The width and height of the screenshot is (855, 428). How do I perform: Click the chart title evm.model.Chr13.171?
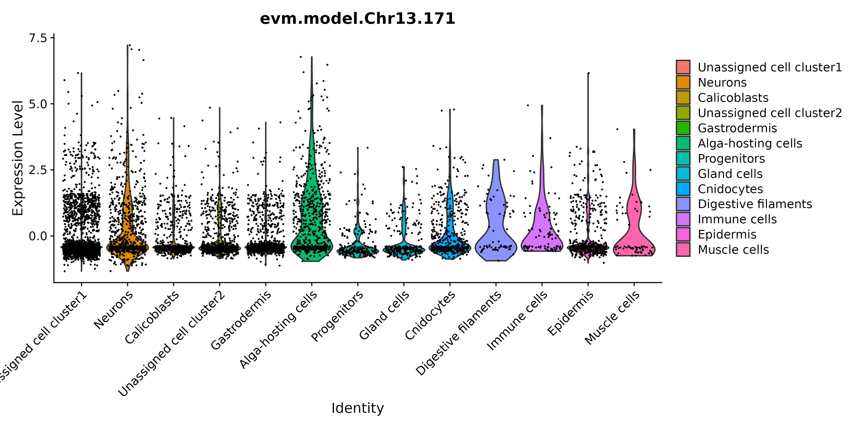coord(357,19)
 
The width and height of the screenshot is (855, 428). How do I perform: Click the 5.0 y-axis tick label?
coord(38,104)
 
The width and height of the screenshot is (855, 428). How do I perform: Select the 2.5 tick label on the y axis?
coord(38,170)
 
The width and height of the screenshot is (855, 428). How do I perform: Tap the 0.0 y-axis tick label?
coord(38,236)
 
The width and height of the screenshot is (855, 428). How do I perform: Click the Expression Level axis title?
coord(18,158)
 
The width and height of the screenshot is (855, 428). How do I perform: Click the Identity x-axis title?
coord(357,408)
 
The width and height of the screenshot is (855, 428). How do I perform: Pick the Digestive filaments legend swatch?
coord(683,204)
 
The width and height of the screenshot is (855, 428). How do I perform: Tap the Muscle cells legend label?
coord(733,250)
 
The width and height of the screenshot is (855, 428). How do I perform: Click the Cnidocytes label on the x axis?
coord(430,316)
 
